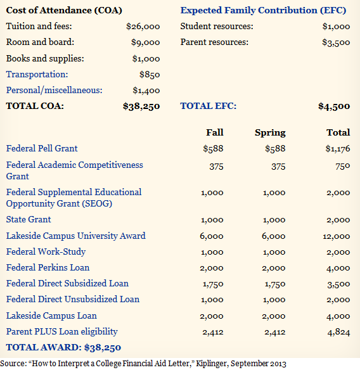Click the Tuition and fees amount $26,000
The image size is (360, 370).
tap(143, 27)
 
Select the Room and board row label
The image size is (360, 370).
tap(40, 42)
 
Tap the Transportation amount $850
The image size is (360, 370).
tap(150, 75)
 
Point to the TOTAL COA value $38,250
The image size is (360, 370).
tap(141, 106)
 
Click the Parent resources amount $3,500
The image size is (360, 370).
tap(336, 42)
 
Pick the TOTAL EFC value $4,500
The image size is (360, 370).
tap(334, 106)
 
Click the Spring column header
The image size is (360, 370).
tap(270, 133)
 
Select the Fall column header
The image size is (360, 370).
tap(215, 132)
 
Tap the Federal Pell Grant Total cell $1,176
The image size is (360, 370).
tap(338, 149)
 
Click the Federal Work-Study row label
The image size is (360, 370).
tap(46, 252)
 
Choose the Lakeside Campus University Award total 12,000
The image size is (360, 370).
tap(337, 236)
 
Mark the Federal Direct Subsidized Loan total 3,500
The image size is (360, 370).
tap(338, 284)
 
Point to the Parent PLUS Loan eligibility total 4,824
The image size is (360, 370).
tap(338, 332)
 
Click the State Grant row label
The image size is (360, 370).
tap(29, 219)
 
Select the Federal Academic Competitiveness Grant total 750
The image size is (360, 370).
tap(342, 167)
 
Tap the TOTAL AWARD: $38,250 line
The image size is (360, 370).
tap(64, 347)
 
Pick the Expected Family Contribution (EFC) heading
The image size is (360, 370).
tap(263, 10)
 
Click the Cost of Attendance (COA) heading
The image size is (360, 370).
tap(64, 10)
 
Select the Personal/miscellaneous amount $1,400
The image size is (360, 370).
tap(146, 91)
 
